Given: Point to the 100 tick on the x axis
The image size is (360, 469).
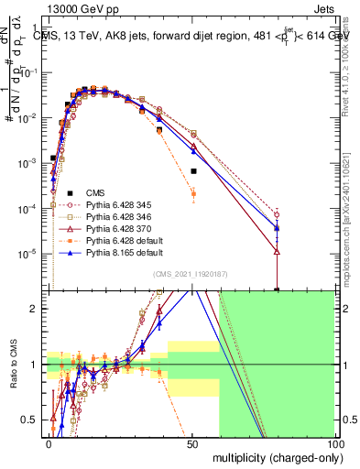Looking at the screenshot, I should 334,442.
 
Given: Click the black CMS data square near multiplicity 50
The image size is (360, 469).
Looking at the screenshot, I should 193,171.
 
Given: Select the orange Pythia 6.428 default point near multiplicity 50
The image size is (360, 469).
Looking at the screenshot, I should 193,193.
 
